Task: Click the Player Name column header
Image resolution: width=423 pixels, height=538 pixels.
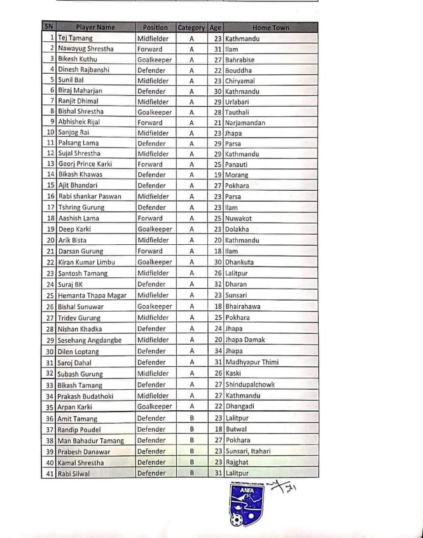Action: coord(95,27)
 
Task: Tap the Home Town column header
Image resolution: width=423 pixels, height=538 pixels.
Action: coord(270,27)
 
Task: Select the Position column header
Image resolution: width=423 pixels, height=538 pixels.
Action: coord(155,27)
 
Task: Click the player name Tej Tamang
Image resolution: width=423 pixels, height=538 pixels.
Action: coord(75,38)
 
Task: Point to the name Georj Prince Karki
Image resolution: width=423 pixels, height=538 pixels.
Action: coord(85,164)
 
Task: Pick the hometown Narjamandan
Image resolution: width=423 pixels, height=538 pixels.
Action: coord(245,123)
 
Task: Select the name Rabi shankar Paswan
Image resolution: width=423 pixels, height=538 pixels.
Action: coord(89,197)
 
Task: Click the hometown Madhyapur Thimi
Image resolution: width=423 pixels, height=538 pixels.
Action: coord(252,362)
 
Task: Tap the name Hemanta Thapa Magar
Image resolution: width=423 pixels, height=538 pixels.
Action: coord(92,295)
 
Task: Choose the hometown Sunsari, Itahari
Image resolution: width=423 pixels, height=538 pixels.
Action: coord(247,452)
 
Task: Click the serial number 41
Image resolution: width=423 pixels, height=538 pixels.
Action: coord(50,474)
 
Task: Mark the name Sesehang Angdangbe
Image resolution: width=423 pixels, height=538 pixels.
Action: coord(90,340)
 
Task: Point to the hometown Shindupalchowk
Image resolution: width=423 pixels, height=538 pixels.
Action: coord(250,385)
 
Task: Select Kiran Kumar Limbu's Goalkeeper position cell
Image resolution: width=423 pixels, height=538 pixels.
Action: coord(155,262)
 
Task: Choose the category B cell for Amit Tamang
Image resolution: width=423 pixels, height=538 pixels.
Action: coord(191,418)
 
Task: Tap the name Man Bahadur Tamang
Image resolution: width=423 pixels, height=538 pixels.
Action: coord(91,441)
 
